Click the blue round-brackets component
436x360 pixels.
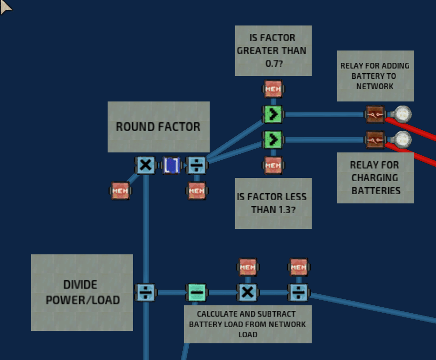[x=171, y=165]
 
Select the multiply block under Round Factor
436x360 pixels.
[x=146, y=165]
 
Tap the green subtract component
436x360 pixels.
[x=197, y=292]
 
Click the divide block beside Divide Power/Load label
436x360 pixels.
[x=146, y=292]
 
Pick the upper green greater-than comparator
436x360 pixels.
[x=273, y=114]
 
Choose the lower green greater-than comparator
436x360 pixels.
[x=273, y=140]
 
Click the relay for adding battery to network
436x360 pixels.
[x=375, y=114]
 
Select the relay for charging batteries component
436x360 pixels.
[x=375, y=140]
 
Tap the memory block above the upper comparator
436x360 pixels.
[x=273, y=89]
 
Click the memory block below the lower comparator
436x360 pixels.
[x=273, y=165]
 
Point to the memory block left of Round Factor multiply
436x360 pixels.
[x=120, y=191]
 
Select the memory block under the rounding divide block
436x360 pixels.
[x=197, y=191]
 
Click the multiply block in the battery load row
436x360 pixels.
[x=248, y=292]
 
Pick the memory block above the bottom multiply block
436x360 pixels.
[x=248, y=267]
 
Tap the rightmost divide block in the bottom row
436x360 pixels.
[x=298, y=292]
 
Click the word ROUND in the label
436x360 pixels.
[x=134, y=127]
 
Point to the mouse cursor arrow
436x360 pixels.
[x=5, y=7]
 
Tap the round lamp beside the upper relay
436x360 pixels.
[x=402, y=114]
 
